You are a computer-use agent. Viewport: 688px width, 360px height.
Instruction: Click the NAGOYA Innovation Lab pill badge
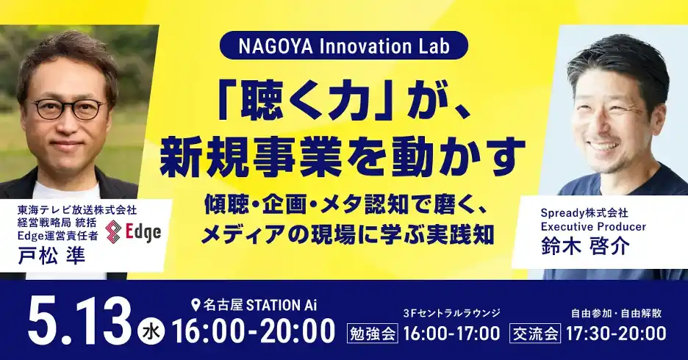coord(343,46)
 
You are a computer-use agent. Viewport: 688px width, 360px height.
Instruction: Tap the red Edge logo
coord(134,231)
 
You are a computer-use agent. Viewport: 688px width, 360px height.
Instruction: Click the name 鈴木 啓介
coord(585,245)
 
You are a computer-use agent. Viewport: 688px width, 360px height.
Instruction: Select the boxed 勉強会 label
coord(373,334)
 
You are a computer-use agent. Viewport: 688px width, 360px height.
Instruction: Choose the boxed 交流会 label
coord(535,334)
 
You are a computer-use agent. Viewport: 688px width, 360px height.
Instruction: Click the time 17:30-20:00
coord(616,334)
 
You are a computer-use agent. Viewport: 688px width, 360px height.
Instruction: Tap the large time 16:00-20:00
coord(254,331)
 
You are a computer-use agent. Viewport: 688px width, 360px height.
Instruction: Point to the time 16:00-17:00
coord(451,334)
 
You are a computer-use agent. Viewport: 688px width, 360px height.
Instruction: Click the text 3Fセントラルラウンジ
coord(451,313)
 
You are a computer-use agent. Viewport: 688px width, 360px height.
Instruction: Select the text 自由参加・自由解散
coord(616,313)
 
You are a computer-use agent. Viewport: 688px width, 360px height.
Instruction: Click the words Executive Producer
coord(593,227)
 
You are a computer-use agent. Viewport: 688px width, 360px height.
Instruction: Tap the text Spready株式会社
coord(584,213)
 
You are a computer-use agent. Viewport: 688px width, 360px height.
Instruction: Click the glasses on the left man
coord(68,109)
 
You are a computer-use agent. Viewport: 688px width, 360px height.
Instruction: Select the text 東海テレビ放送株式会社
coord(77,210)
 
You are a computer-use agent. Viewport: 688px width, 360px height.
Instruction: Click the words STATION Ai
coord(282,304)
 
